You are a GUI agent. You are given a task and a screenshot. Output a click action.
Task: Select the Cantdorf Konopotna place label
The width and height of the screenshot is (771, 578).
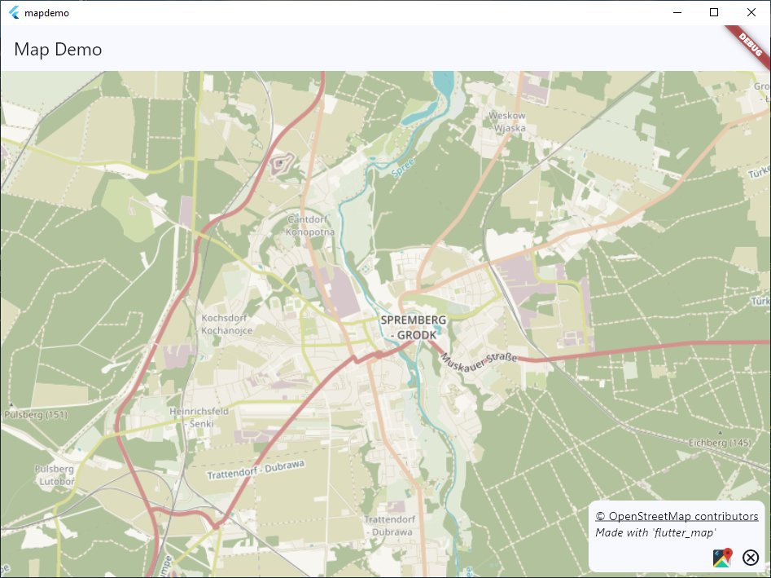(x=307, y=226)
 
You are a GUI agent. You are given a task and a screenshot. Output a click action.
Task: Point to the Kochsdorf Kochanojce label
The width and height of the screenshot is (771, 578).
(x=226, y=324)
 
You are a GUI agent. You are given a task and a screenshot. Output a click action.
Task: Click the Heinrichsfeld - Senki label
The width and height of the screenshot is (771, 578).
(x=199, y=417)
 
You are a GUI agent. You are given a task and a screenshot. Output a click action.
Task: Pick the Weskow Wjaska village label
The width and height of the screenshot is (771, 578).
(x=507, y=121)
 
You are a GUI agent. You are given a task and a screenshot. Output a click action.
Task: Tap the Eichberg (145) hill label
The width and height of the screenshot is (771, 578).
(x=719, y=443)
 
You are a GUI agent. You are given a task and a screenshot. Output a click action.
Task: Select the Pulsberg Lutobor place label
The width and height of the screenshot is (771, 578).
(x=55, y=475)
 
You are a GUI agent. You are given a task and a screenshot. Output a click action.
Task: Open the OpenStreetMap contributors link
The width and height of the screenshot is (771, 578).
(x=677, y=516)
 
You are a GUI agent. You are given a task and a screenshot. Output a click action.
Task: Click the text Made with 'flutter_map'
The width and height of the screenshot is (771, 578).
(x=655, y=532)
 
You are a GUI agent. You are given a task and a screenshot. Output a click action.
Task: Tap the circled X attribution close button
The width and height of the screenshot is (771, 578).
(x=751, y=558)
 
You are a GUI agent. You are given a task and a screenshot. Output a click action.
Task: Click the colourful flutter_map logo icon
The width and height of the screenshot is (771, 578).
(x=722, y=558)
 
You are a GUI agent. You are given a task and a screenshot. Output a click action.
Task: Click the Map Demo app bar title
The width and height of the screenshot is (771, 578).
(x=58, y=49)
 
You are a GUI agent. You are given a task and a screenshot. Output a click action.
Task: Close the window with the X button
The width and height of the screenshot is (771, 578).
(x=751, y=12)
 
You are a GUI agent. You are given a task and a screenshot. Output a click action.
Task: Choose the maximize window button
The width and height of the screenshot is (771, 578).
(x=714, y=12)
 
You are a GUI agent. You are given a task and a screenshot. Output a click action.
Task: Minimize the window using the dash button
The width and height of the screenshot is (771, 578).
(x=677, y=12)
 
